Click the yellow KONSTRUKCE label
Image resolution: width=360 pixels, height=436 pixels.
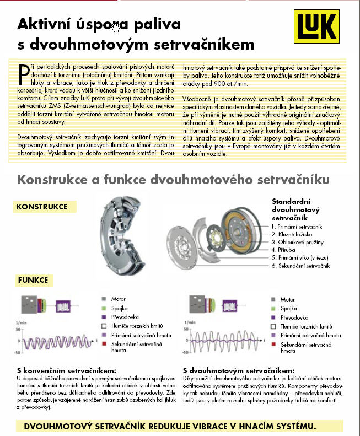click(42, 207)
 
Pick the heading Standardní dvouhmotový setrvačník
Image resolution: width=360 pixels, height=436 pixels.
click(297, 209)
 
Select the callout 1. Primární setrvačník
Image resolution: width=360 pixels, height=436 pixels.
click(300, 227)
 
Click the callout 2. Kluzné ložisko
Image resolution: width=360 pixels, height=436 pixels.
click(295, 234)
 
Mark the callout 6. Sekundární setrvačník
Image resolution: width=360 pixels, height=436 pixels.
click(300, 266)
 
